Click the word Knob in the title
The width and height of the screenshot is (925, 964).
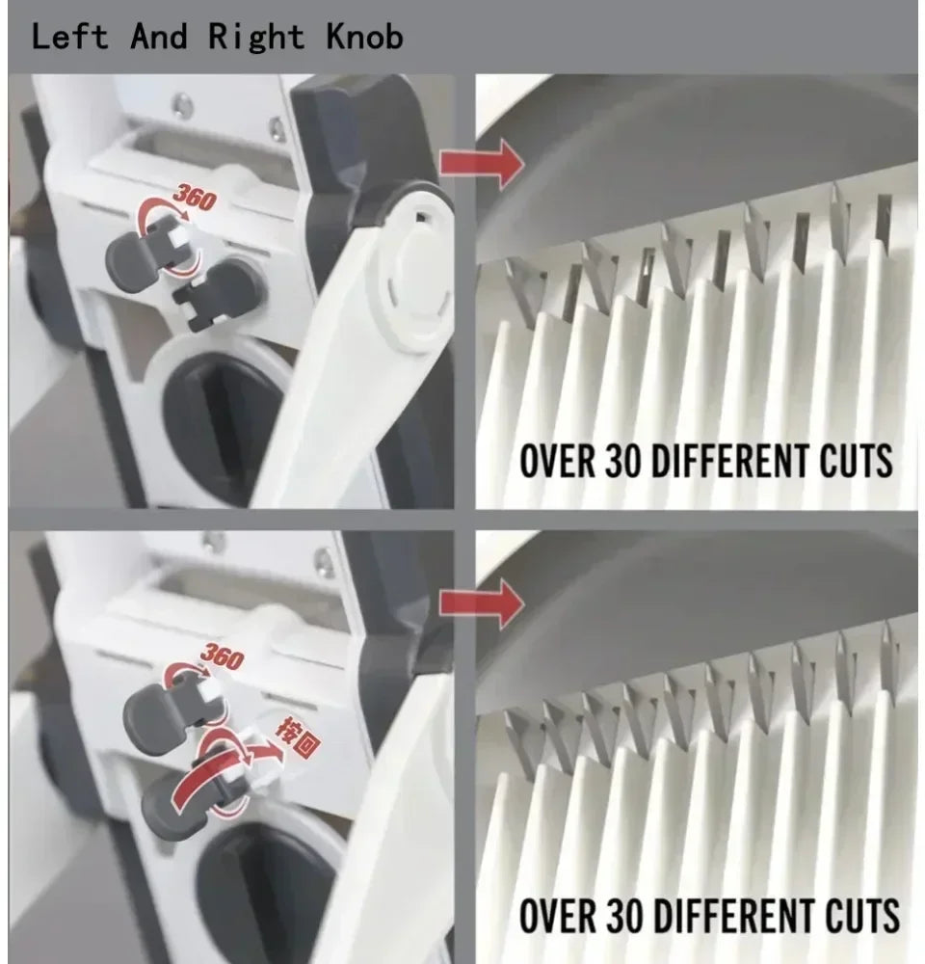coord(364,36)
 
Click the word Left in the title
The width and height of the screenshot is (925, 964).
coord(68,36)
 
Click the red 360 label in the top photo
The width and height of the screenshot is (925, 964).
coord(195,197)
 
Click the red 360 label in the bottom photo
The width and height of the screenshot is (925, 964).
coord(224,656)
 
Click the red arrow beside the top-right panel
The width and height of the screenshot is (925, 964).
coord(483,162)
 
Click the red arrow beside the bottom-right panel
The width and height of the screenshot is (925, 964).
coord(483,602)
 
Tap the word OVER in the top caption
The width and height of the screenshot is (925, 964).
coord(558,461)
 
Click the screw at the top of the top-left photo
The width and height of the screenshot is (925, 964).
coord(182,105)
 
